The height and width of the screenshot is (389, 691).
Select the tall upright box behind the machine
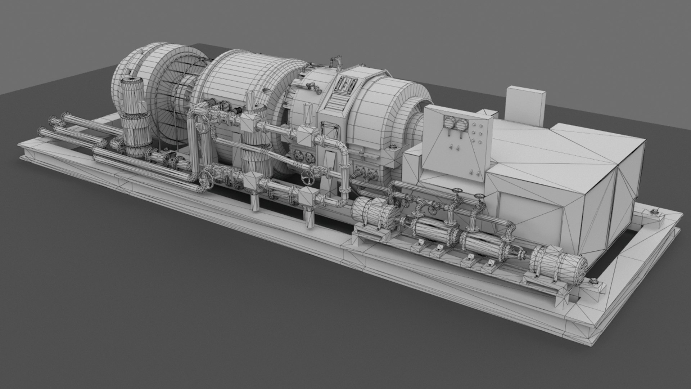[x=526, y=104]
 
